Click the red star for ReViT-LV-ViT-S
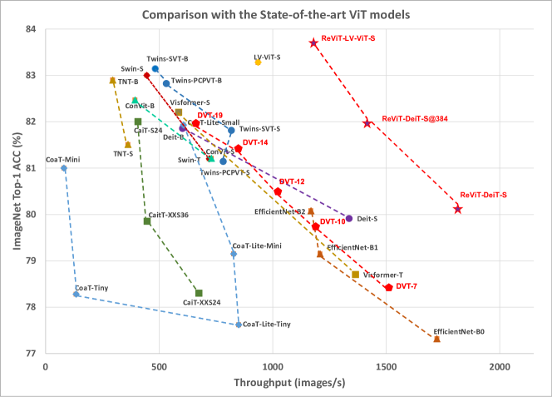pyautogui.click(x=313, y=42)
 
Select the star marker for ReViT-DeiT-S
pyautogui.click(x=458, y=209)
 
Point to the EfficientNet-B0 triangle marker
pyautogui.click(x=436, y=339)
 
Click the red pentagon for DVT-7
pyautogui.click(x=388, y=287)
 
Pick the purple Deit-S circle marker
pyautogui.click(x=349, y=218)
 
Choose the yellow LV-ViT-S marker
pyautogui.click(x=258, y=62)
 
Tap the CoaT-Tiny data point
pyautogui.click(x=76, y=294)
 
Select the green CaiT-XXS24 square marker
pyautogui.click(x=199, y=293)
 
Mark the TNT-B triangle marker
pyautogui.click(x=113, y=81)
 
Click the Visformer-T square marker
pyautogui.click(x=356, y=275)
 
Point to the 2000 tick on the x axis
pyautogui.click(x=500, y=365)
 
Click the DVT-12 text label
pyautogui.click(x=292, y=181)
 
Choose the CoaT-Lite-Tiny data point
pyautogui.click(x=239, y=325)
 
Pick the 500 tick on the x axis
pyautogui.click(x=159, y=365)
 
